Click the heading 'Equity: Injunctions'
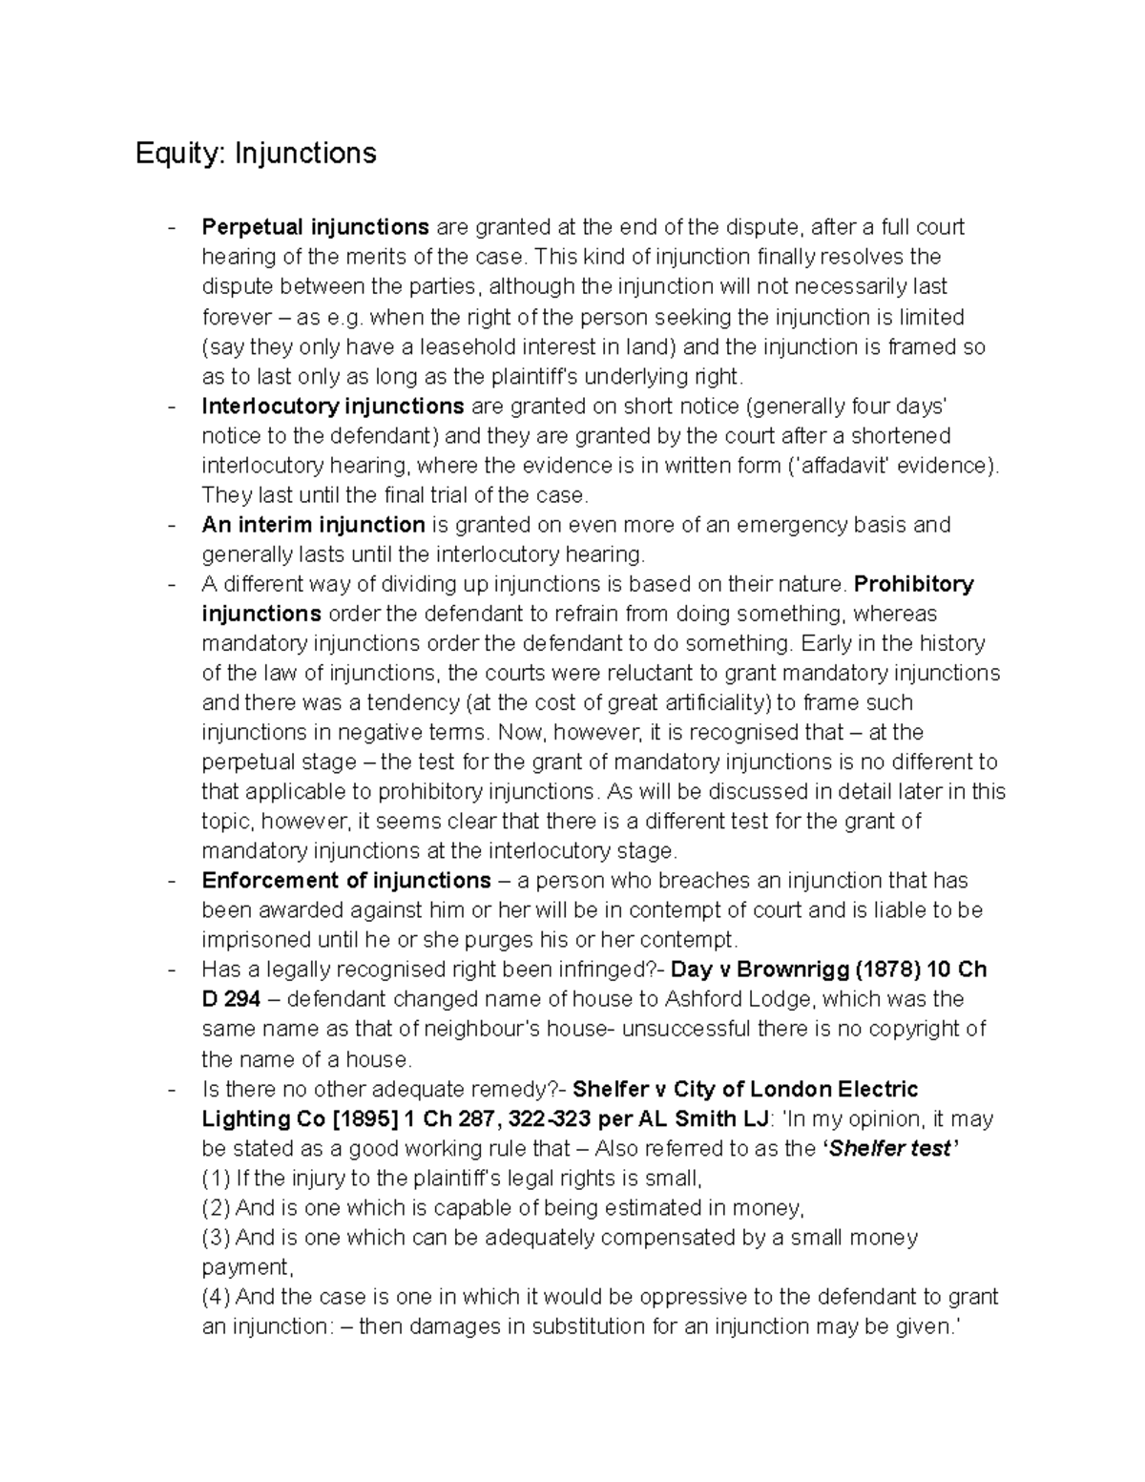coord(256,153)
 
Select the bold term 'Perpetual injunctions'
coord(315,227)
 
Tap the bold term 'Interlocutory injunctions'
coord(333,407)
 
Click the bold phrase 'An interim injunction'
coord(313,525)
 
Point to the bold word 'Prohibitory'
coord(914,584)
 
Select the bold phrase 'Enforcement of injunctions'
coord(346,881)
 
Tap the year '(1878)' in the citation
coord(888,970)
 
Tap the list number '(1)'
coord(216,1178)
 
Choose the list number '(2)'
coord(216,1208)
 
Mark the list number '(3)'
coord(216,1238)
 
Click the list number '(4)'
coord(216,1297)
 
